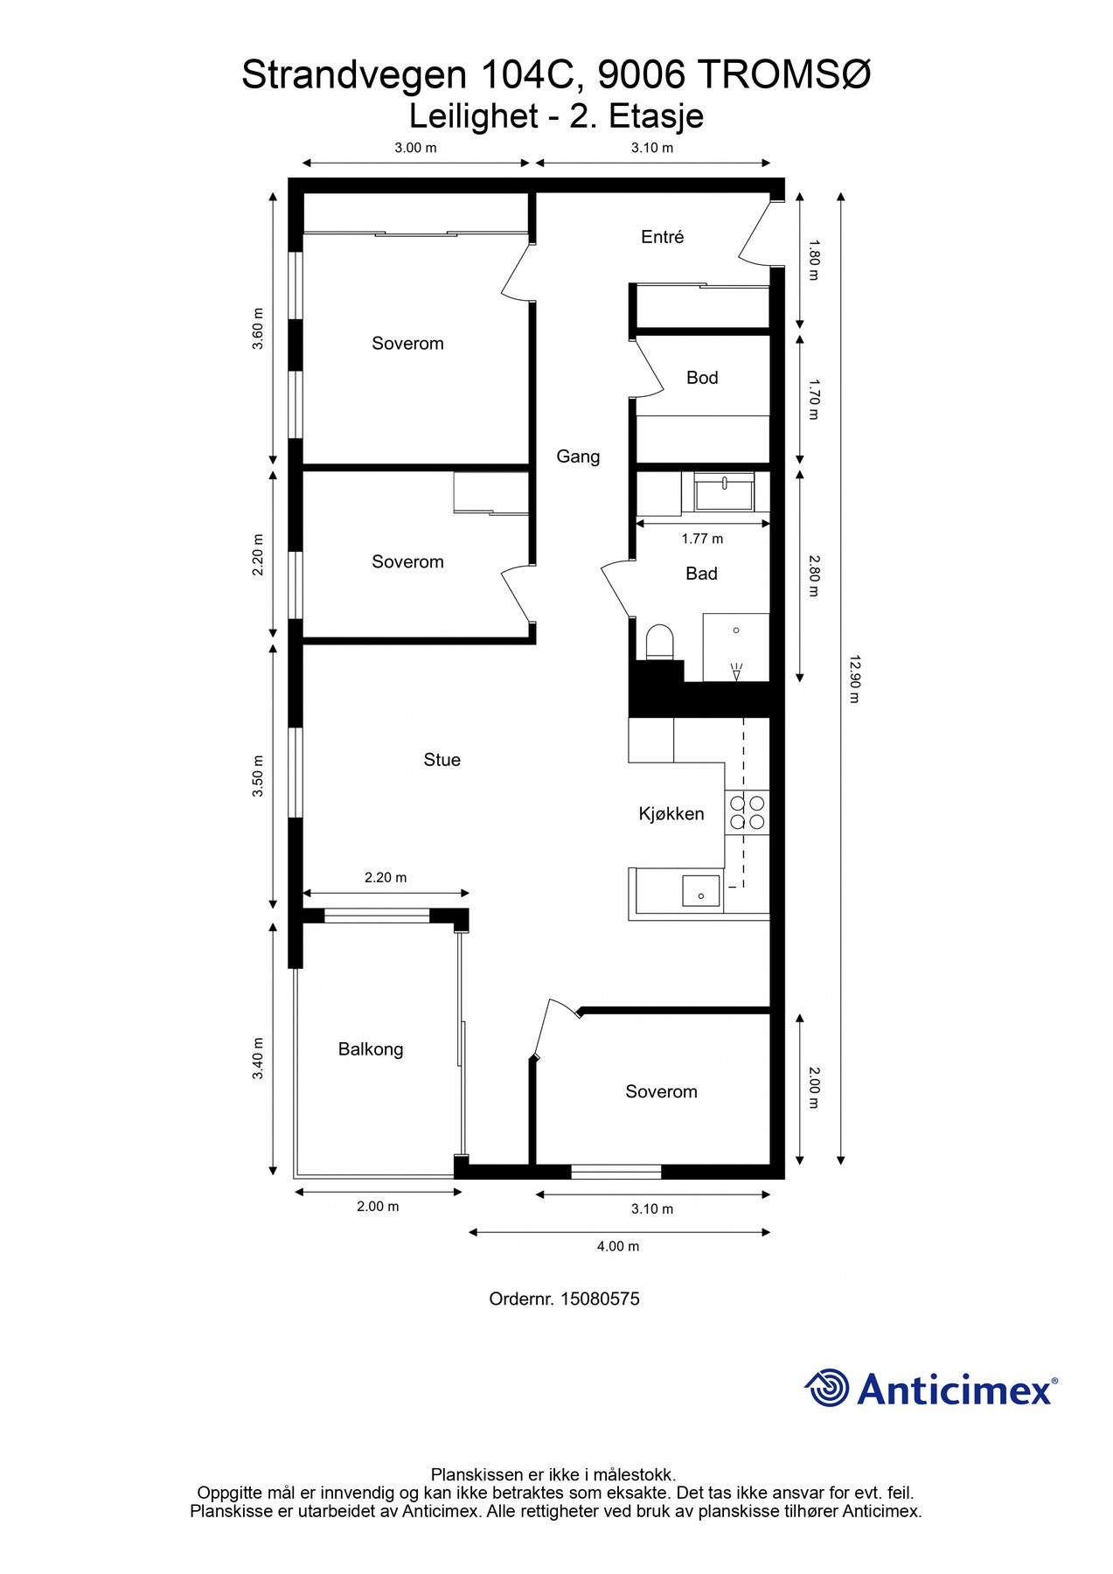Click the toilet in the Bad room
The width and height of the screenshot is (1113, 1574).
[x=658, y=641]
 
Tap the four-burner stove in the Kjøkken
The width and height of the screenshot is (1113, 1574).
[x=747, y=812]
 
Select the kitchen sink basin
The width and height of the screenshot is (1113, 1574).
[x=700, y=890]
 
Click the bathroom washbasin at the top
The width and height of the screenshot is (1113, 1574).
[x=724, y=492]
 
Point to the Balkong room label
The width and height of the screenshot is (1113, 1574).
[x=371, y=1049]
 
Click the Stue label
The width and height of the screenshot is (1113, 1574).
[x=442, y=760]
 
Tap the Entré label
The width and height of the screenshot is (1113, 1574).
[x=662, y=237]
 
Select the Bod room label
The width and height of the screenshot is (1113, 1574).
[x=702, y=378]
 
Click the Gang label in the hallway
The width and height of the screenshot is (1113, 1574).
[x=578, y=456]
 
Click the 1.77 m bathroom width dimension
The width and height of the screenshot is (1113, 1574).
[x=702, y=539]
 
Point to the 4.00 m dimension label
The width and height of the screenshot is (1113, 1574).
[x=618, y=1246]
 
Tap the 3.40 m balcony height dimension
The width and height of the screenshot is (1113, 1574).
[x=258, y=1058]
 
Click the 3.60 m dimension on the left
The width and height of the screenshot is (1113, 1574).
[x=258, y=329]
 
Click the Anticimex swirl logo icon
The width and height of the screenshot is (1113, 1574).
[x=827, y=1388]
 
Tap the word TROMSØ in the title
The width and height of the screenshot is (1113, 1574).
[x=784, y=75]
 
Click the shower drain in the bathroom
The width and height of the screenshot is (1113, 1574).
[x=737, y=672]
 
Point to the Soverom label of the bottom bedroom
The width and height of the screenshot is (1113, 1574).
[x=661, y=1091]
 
